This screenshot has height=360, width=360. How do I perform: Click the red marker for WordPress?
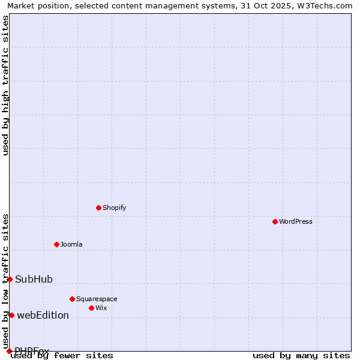tap(275, 221)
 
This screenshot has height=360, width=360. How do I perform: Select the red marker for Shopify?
tap(98, 208)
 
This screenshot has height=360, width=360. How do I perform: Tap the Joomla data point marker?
tap(56, 244)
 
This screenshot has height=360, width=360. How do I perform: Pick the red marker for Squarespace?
tap(72, 299)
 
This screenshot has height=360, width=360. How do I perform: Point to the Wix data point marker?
tap(91, 308)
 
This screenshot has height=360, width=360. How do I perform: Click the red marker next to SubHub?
tap(10, 279)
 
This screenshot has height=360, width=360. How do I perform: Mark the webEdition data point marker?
tap(11, 315)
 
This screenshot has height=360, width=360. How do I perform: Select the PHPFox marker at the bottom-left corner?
tap(9, 351)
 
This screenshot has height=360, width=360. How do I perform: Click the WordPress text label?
tap(296, 221)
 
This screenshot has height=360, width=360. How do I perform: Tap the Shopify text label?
tap(115, 208)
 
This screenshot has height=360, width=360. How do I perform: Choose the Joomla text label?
tap(71, 244)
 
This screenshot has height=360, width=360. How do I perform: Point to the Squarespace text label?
tap(97, 299)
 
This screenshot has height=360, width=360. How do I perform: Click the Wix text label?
tap(101, 308)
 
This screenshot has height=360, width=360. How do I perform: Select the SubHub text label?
tap(34, 279)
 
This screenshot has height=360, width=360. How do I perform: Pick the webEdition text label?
tap(43, 315)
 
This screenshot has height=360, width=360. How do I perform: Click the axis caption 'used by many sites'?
tap(301, 355)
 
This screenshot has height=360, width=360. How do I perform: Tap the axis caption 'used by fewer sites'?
tap(62, 355)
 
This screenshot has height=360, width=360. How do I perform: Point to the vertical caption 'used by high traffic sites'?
tap(5, 85)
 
